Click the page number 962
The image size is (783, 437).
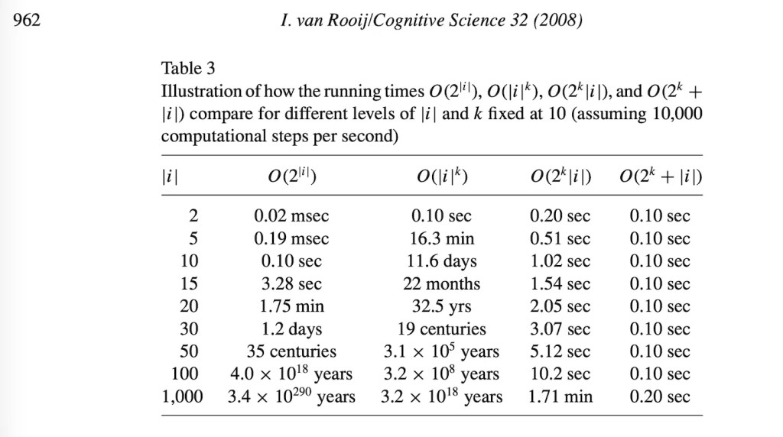pos(27,20)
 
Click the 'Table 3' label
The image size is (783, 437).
pos(188,68)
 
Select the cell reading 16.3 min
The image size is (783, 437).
pos(441,238)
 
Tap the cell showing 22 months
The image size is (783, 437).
pos(441,283)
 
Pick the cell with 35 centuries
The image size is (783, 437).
pos(291,351)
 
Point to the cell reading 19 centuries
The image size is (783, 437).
pos(441,329)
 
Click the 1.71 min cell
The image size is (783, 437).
pos(560,397)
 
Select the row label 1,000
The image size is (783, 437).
pos(182,397)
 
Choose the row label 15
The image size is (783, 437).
pos(190,283)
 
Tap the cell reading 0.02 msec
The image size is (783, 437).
pos(291,215)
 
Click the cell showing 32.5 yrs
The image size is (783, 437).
pos(441,306)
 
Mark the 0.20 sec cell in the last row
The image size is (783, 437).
pos(660,397)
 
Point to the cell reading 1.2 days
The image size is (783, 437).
pos(291,329)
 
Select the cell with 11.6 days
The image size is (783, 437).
pos(441,261)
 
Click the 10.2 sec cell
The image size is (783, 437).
pos(560,374)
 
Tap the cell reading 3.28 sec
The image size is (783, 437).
pos(291,283)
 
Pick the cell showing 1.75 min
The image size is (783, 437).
pos(291,306)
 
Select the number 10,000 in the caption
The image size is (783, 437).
pos(677,114)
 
